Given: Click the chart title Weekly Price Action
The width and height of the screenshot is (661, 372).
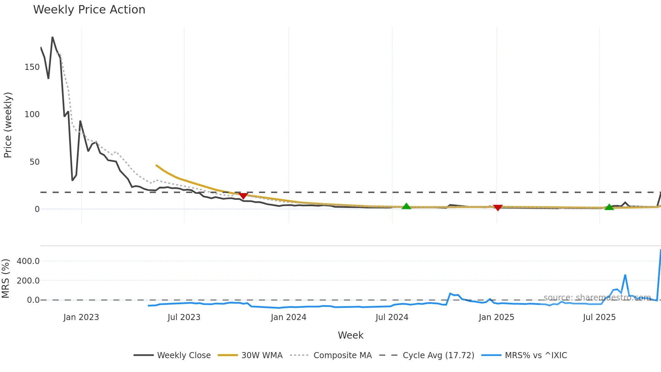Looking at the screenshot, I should click(89, 10).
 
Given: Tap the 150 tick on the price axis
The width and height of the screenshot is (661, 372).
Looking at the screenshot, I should click(32, 67).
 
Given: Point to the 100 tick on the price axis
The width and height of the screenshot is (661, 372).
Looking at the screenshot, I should click(32, 114).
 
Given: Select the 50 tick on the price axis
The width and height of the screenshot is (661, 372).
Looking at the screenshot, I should click(34, 162).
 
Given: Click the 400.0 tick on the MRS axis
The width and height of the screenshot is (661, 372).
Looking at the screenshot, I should click(28, 261).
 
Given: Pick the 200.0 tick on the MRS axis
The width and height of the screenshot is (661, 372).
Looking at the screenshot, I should click(28, 281).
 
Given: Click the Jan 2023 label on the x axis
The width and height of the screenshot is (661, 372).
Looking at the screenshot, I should click(81, 317).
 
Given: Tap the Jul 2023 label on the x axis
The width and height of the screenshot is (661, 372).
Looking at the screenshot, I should click(184, 317).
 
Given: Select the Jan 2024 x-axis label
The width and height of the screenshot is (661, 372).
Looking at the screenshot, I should click(289, 317).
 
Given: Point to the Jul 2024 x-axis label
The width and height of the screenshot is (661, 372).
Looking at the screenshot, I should click(392, 317).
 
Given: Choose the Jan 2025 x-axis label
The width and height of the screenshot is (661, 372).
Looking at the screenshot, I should click(496, 317).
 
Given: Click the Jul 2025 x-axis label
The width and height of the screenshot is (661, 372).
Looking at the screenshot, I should click(599, 317).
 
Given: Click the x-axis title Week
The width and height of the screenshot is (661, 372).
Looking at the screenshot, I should click(351, 335).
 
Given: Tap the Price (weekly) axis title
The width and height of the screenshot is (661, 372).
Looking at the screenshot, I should click(8, 125).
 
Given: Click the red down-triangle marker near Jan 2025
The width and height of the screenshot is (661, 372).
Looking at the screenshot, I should click(498, 208).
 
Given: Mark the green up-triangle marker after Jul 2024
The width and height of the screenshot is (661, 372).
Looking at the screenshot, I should click(406, 206).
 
